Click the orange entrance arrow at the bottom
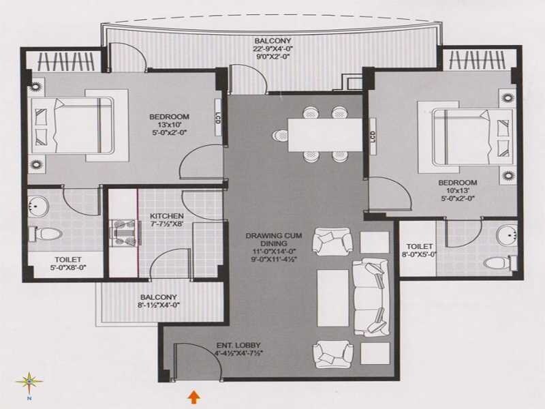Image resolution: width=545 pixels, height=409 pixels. (x=194, y=395)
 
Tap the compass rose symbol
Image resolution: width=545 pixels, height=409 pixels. (x=29, y=382)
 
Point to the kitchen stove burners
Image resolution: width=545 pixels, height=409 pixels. (x=123, y=232)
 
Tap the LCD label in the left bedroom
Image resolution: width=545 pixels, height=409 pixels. (x=218, y=123)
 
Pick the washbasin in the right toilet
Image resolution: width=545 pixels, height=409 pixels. (x=505, y=236)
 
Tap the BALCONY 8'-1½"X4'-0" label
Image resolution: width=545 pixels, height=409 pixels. (x=159, y=301)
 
